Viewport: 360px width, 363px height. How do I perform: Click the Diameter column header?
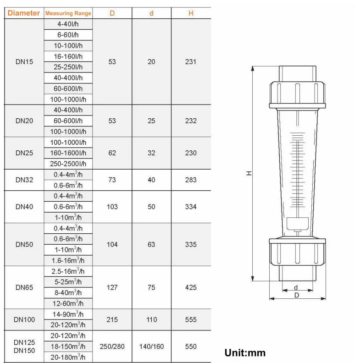click(x=23, y=13)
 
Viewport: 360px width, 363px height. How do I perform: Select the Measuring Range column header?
click(x=68, y=13)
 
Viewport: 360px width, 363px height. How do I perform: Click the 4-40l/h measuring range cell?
click(x=68, y=24)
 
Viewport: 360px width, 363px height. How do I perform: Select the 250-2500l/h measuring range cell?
click(x=68, y=164)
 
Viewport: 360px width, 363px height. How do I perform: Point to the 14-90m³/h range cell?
click(x=68, y=314)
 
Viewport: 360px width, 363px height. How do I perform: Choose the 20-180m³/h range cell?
click(x=68, y=357)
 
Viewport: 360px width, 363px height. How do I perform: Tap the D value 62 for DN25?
click(x=112, y=153)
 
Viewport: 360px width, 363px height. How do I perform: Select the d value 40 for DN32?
click(x=152, y=180)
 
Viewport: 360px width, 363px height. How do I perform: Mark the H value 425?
click(x=191, y=287)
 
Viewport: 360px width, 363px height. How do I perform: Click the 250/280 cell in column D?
click(x=112, y=346)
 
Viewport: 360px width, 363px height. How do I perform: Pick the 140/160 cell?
click(x=152, y=346)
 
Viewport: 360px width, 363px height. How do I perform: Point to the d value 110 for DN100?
click(x=152, y=319)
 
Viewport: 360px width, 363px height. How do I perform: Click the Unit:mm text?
click(x=245, y=353)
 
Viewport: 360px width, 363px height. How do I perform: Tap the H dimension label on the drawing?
click(x=248, y=173)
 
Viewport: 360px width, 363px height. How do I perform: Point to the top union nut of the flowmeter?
click(x=297, y=93)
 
